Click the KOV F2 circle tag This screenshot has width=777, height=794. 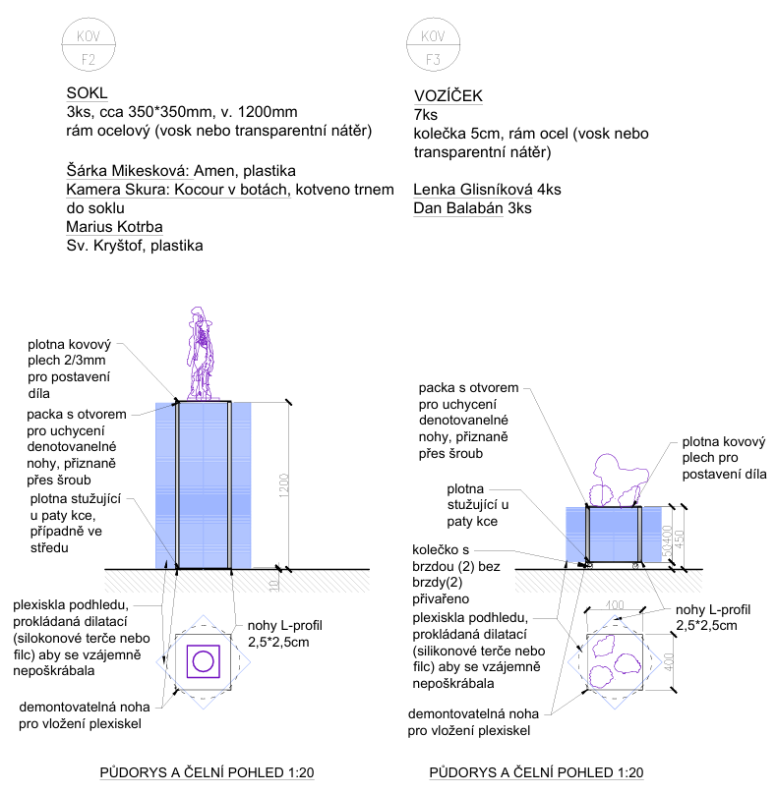89,46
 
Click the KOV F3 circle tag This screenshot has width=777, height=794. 432,46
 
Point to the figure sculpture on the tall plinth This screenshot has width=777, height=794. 203,355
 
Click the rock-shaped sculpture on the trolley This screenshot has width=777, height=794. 618,481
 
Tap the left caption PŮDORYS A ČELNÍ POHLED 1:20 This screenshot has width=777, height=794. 207,773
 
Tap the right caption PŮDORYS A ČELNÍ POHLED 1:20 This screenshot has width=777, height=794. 535,773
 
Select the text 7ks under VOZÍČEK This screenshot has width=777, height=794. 426,115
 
